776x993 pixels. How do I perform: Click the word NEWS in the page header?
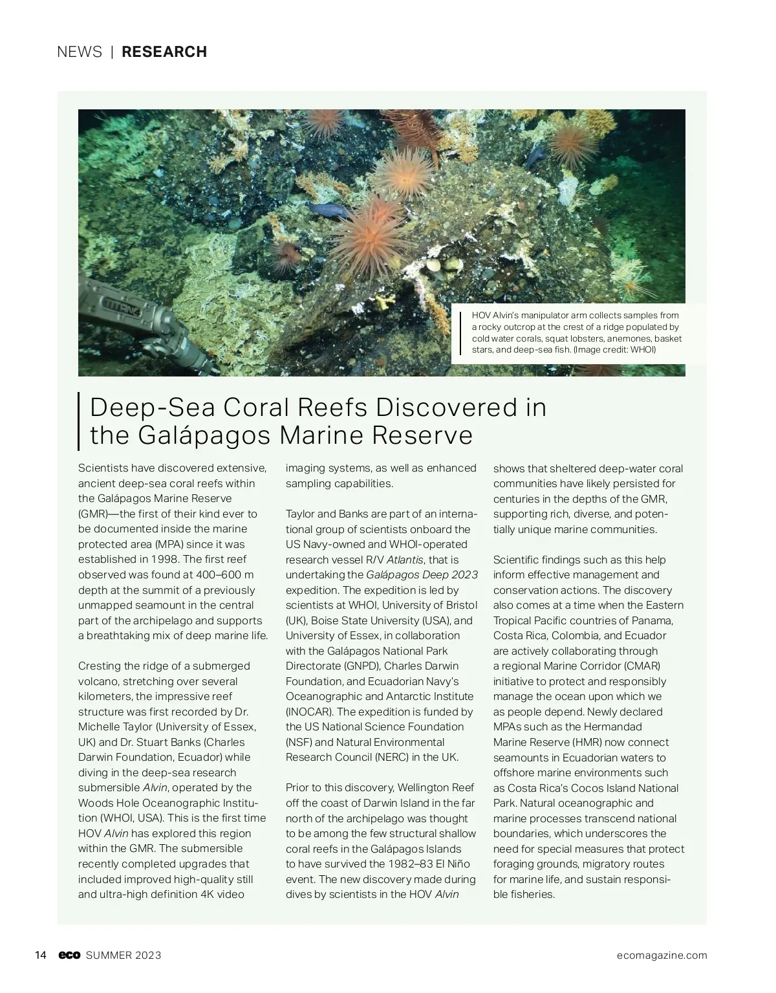(79, 52)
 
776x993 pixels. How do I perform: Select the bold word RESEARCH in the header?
(164, 52)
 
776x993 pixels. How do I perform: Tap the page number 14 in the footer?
(41, 955)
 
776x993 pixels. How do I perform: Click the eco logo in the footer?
(69, 955)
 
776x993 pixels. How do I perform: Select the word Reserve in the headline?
(427, 435)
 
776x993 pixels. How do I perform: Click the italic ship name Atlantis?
(406, 560)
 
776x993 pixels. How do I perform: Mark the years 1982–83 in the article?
(412, 864)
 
